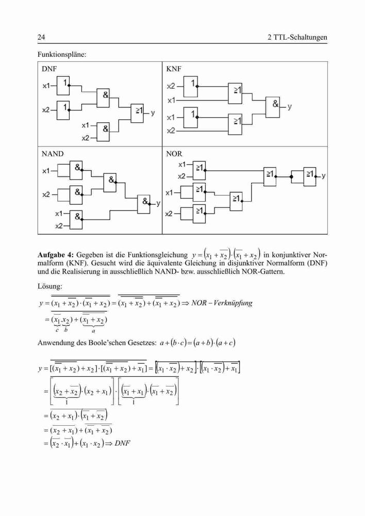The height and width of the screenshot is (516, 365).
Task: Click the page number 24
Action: coord(41,37)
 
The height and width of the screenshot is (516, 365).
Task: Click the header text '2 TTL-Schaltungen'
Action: coord(297,37)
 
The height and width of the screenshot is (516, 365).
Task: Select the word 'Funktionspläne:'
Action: coord(62,54)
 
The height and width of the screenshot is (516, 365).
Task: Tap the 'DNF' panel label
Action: coord(49,69)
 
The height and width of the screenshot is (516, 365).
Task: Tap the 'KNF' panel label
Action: coord(174,69)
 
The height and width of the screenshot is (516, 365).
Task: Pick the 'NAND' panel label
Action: coord(53,154)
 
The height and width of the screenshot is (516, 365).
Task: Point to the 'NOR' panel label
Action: coord(174,154)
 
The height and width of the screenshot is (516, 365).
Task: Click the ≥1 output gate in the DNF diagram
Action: coord(137,113)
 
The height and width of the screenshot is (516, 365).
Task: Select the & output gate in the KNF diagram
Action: coord(273,107)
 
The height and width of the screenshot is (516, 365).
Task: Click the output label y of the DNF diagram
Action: coord(153,113)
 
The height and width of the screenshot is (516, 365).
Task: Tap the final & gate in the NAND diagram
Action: coord(144,204)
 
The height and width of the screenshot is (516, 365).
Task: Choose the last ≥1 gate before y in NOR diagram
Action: coord(310,176)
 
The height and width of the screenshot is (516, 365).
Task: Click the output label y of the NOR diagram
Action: coord(324,176)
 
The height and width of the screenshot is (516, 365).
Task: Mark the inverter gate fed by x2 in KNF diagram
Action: coord(191,87)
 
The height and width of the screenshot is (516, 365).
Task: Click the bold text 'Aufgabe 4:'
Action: coord(56,255)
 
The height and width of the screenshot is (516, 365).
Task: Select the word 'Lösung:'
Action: coord(49,286)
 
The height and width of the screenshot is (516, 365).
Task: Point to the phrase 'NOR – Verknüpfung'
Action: coord(222,303)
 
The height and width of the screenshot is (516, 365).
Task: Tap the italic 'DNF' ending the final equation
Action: coord(122,443)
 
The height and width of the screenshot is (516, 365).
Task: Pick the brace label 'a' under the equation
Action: coord(94,331)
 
